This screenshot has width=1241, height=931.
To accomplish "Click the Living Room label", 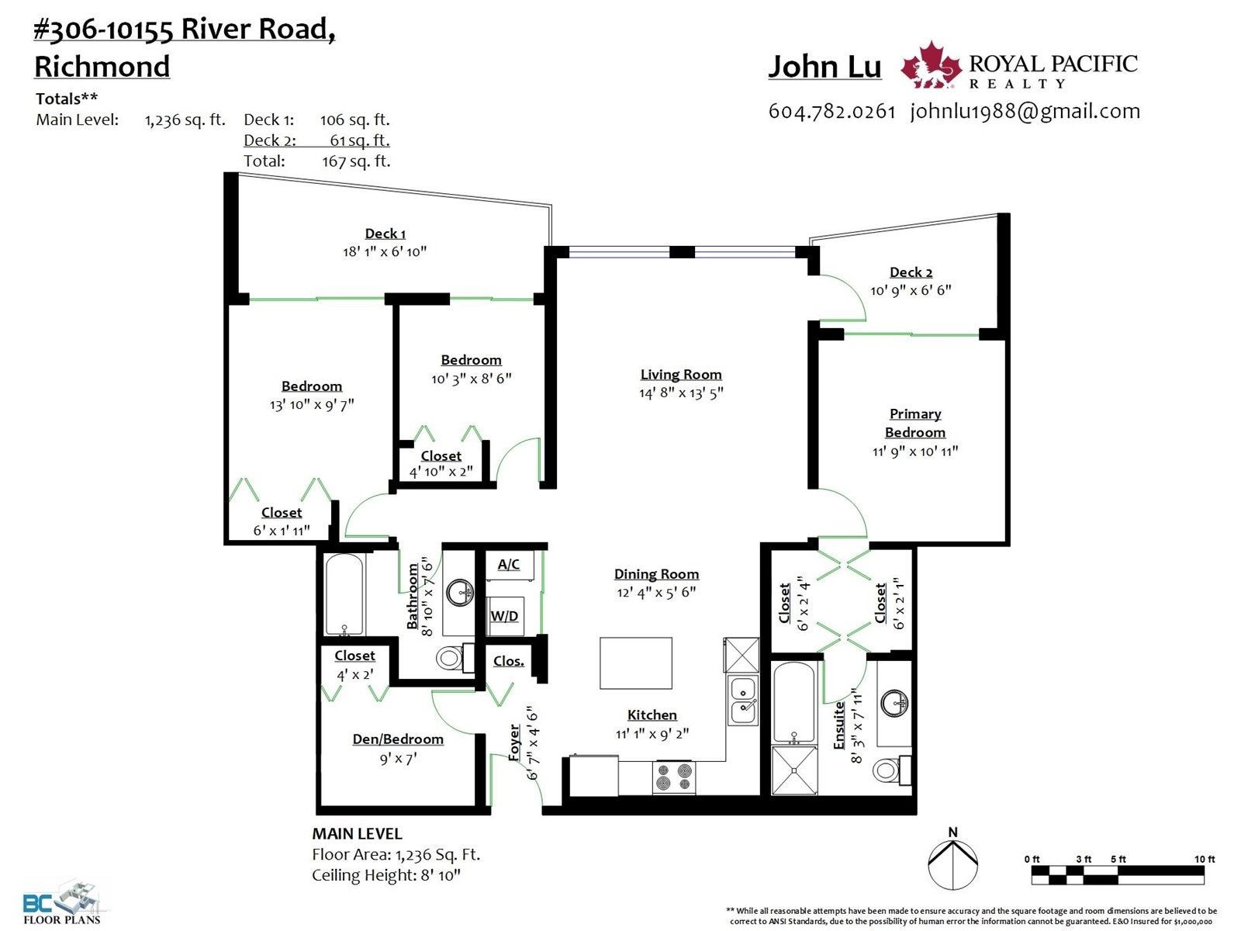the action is [681, 374].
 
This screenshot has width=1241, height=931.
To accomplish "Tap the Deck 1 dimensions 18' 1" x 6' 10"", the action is [385, 251].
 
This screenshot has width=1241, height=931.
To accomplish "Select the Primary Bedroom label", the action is [914, 423].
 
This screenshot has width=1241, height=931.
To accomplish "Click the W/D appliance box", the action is [505, 615].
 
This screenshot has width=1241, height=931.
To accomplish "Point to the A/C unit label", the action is [508, 564].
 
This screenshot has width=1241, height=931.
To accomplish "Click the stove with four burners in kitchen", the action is [674, 777].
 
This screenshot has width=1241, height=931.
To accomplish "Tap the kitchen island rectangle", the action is [635, 663].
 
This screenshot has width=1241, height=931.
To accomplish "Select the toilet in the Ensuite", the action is [892, 770].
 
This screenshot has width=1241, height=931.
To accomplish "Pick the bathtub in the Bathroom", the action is [344, 594].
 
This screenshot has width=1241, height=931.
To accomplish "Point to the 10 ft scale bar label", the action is [1205, 859].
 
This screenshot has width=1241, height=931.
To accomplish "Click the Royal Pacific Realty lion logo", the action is [930, 65].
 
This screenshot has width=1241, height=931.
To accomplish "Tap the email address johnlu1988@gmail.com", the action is [1025, 112].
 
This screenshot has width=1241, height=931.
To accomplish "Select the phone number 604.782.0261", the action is [831, 112].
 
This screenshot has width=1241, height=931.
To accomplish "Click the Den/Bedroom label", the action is [398, 739].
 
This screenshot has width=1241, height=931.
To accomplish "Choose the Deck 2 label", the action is [911, 272].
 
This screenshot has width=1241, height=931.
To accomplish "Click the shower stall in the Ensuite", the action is [793, 770].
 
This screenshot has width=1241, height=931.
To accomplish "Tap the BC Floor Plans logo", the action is [62, 903].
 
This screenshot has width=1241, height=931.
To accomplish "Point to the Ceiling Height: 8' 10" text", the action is [386, 876].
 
